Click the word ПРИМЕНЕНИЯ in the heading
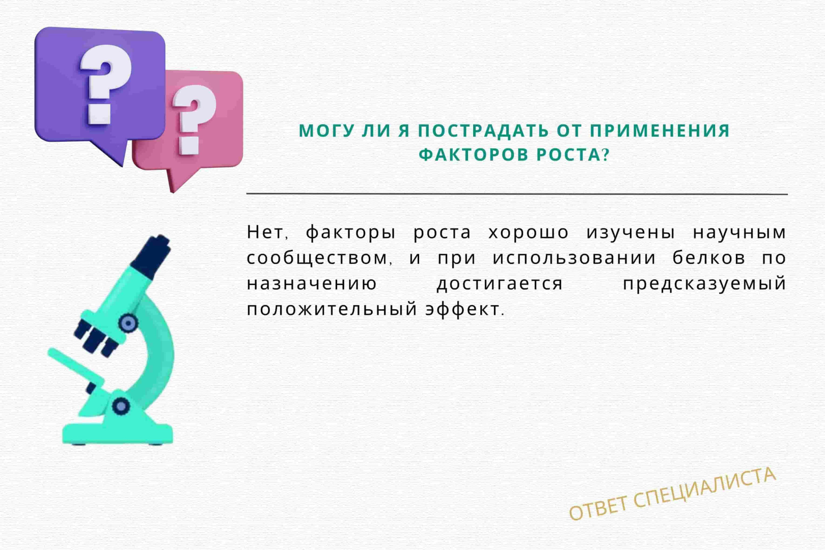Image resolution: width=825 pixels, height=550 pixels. (x=659, y=131)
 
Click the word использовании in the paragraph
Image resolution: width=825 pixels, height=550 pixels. (x=574, y=258)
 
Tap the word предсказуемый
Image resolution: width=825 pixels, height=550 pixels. (x=705, y=284)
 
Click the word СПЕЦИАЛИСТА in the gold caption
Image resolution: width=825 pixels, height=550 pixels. (x=705, y=488)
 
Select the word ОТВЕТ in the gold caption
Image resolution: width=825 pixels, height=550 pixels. (x=598, y=508)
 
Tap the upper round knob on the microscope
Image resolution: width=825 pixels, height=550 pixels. (x=128, y=323)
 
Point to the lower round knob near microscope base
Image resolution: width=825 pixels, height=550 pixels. (x=121, y=406)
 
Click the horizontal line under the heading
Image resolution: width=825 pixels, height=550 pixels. (x=517, y=194)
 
